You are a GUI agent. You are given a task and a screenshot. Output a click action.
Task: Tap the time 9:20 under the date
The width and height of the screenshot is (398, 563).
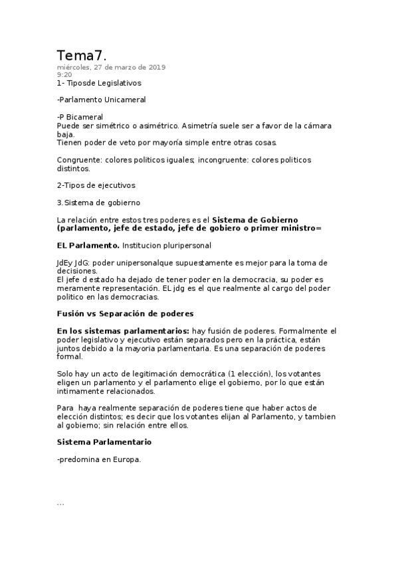64,75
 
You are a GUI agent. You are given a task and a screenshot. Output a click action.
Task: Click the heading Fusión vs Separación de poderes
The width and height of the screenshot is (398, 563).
125,313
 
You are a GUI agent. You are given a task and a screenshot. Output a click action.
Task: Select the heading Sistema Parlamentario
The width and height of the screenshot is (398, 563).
104,442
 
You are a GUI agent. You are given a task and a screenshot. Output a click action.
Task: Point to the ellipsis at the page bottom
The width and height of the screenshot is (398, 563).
60,504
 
